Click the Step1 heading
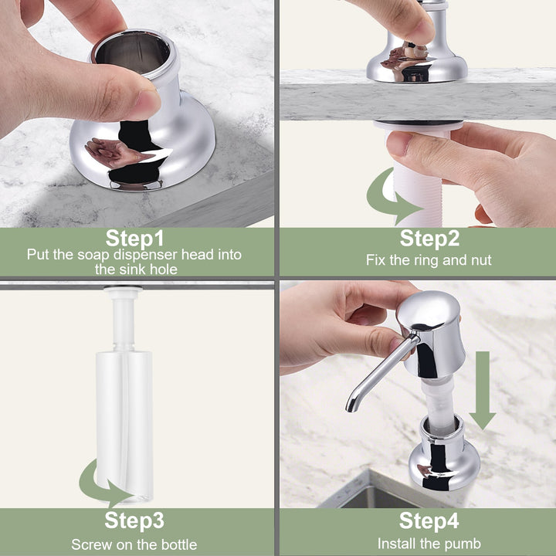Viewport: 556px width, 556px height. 134,239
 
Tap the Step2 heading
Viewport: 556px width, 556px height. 429,239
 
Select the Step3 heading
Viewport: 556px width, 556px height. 134,520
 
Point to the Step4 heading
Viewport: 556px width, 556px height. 429,520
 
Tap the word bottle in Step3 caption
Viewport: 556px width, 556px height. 179,544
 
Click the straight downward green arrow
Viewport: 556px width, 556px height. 482,390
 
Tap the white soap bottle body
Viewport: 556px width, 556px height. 124,425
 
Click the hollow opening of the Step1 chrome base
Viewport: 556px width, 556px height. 133,53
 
